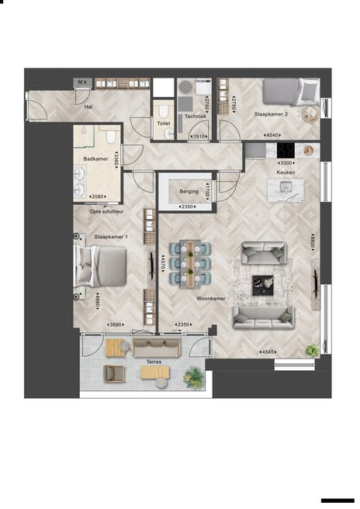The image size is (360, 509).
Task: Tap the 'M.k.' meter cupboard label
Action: (82, 81)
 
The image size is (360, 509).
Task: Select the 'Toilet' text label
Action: (163, 123)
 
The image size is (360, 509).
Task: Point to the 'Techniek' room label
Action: (195, 116)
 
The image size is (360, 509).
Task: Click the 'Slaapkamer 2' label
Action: (271, 114)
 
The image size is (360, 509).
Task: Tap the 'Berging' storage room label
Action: (189, 191)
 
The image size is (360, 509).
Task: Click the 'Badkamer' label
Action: (95, 158)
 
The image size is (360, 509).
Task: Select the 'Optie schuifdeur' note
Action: (107, 210)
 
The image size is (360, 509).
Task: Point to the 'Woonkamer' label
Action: (210, 297)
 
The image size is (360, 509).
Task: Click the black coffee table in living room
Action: (264, 284)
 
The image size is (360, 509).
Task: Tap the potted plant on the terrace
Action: (193, 376)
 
